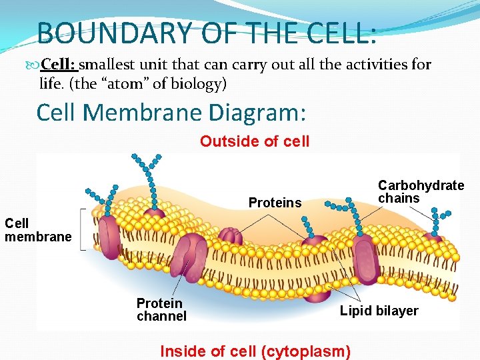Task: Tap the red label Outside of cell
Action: point(255,141)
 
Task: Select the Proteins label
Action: point(275,203)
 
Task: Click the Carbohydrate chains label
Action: point(421,191)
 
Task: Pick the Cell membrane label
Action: point(38,230)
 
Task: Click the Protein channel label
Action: point(161,309)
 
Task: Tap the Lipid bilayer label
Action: point(379,311)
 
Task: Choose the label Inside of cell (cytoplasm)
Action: point(255,351)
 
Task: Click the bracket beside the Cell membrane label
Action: point(83,229)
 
